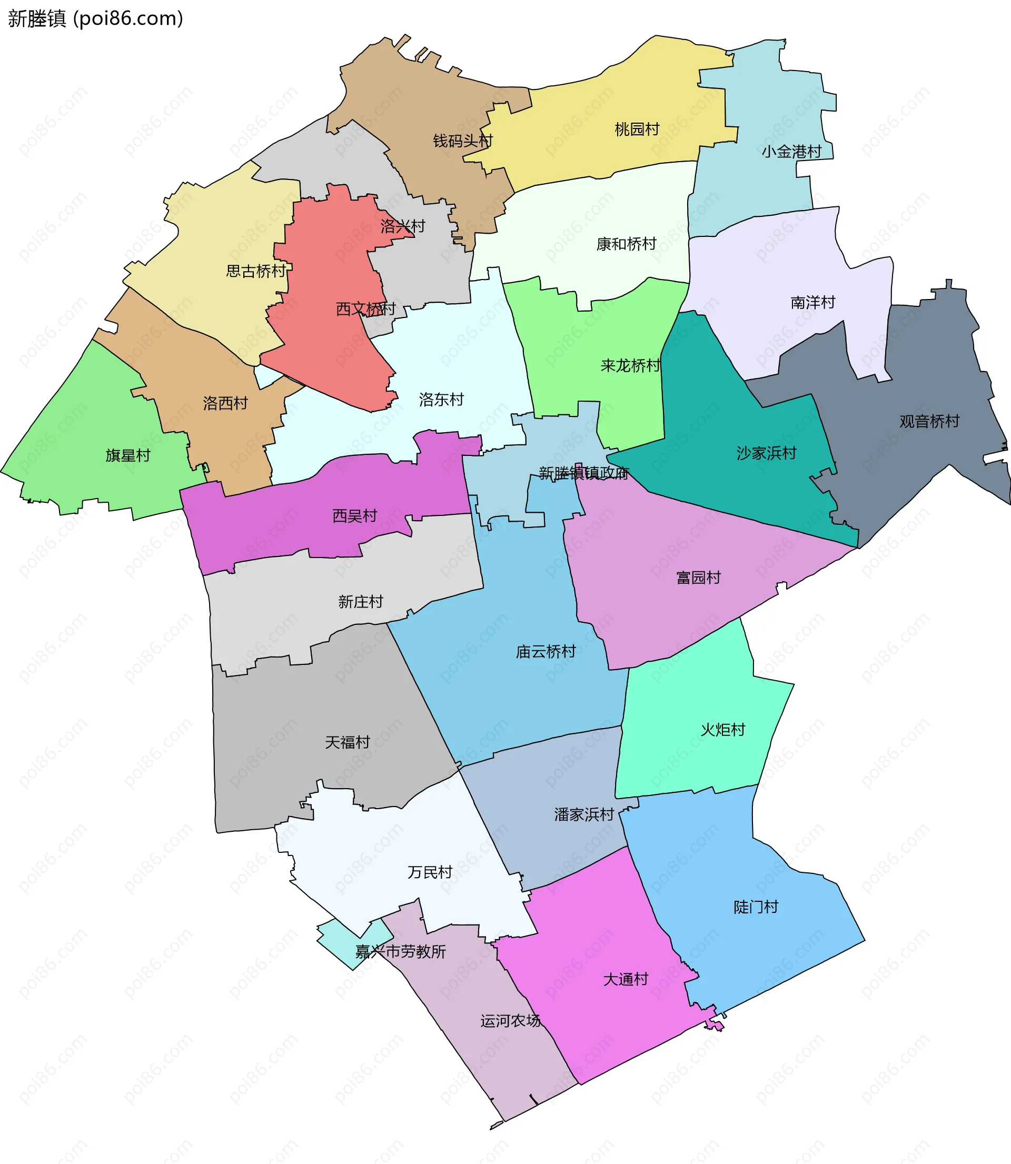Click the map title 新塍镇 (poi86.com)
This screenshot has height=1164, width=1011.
(x=95, y=18)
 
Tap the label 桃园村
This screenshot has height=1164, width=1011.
(x=637, y=129)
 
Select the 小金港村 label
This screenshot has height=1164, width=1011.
(x=791, y=151)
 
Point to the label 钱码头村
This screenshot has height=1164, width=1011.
(x=463, y=141)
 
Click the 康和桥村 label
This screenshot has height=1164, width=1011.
(x=626, y=244)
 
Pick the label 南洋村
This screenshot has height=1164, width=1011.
(x=812, y=302)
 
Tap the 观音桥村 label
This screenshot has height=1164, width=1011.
(x=929, y=421)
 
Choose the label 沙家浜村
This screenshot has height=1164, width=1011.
(x=766, y=453)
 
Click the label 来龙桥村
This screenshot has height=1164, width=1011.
(x=630, y=365)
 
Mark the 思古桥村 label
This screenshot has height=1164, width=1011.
(x=256, y=271)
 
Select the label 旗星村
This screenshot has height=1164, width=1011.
(x=128, y=455)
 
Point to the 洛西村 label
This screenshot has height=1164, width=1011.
(x=225, y=403)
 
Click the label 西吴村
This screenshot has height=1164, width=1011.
(x=354, y=515)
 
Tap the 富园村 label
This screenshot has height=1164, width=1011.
(x=698, y=577)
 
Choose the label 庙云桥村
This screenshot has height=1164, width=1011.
(x=546, y=651)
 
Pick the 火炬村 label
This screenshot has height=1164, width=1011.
(x=722, y=729)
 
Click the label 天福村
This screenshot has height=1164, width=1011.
(x=347, y=742)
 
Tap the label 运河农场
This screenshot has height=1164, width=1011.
(x=510, y=1020)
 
